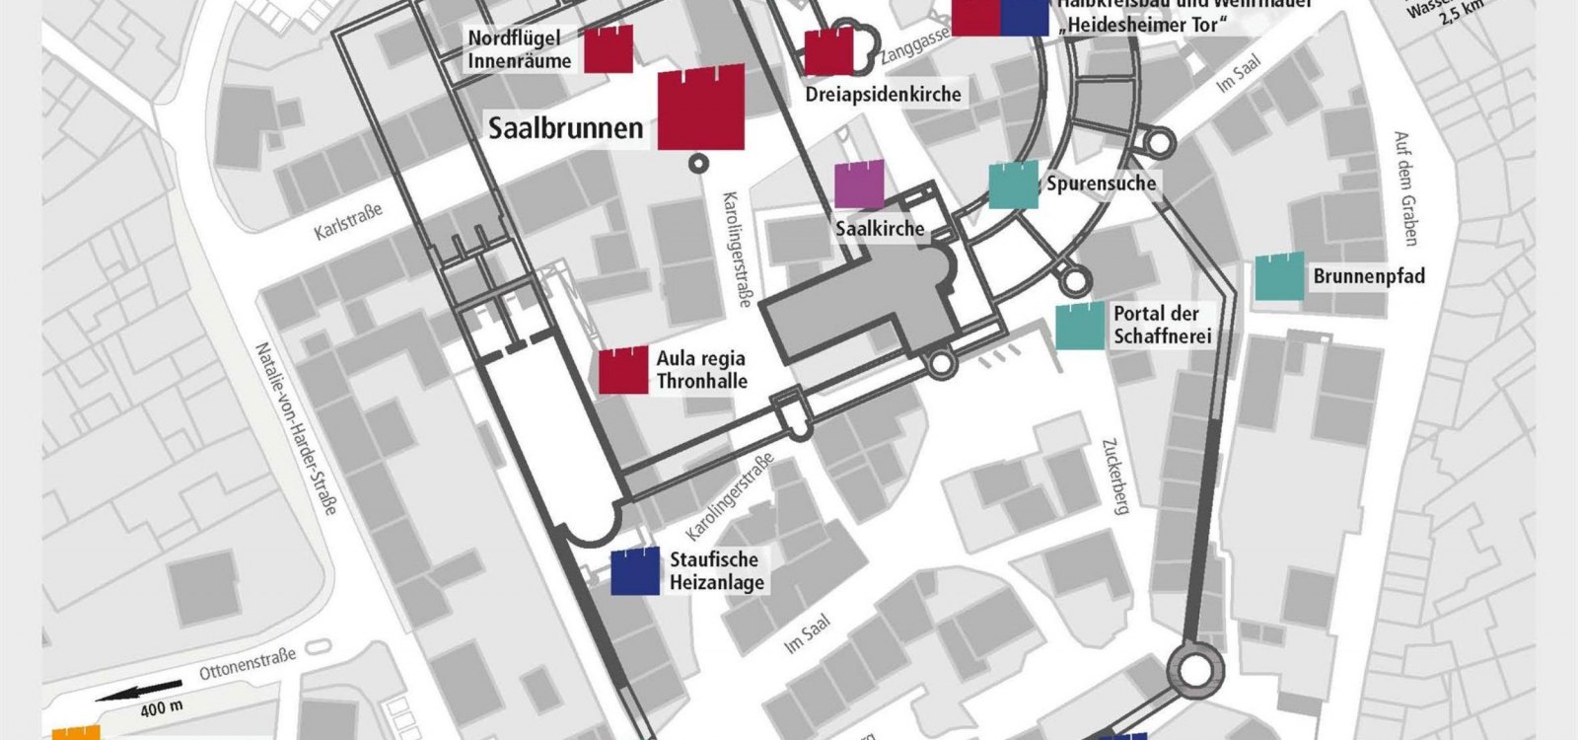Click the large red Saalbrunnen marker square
701,108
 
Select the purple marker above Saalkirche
859,185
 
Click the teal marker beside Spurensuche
1014,185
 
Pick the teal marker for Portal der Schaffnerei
1080,327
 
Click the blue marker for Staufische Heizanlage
635,571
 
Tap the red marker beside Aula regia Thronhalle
624,370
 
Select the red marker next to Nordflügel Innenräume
609,49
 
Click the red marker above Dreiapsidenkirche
828,52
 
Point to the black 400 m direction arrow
141,692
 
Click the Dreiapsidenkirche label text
883,95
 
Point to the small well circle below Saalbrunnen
700,164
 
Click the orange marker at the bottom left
76,733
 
